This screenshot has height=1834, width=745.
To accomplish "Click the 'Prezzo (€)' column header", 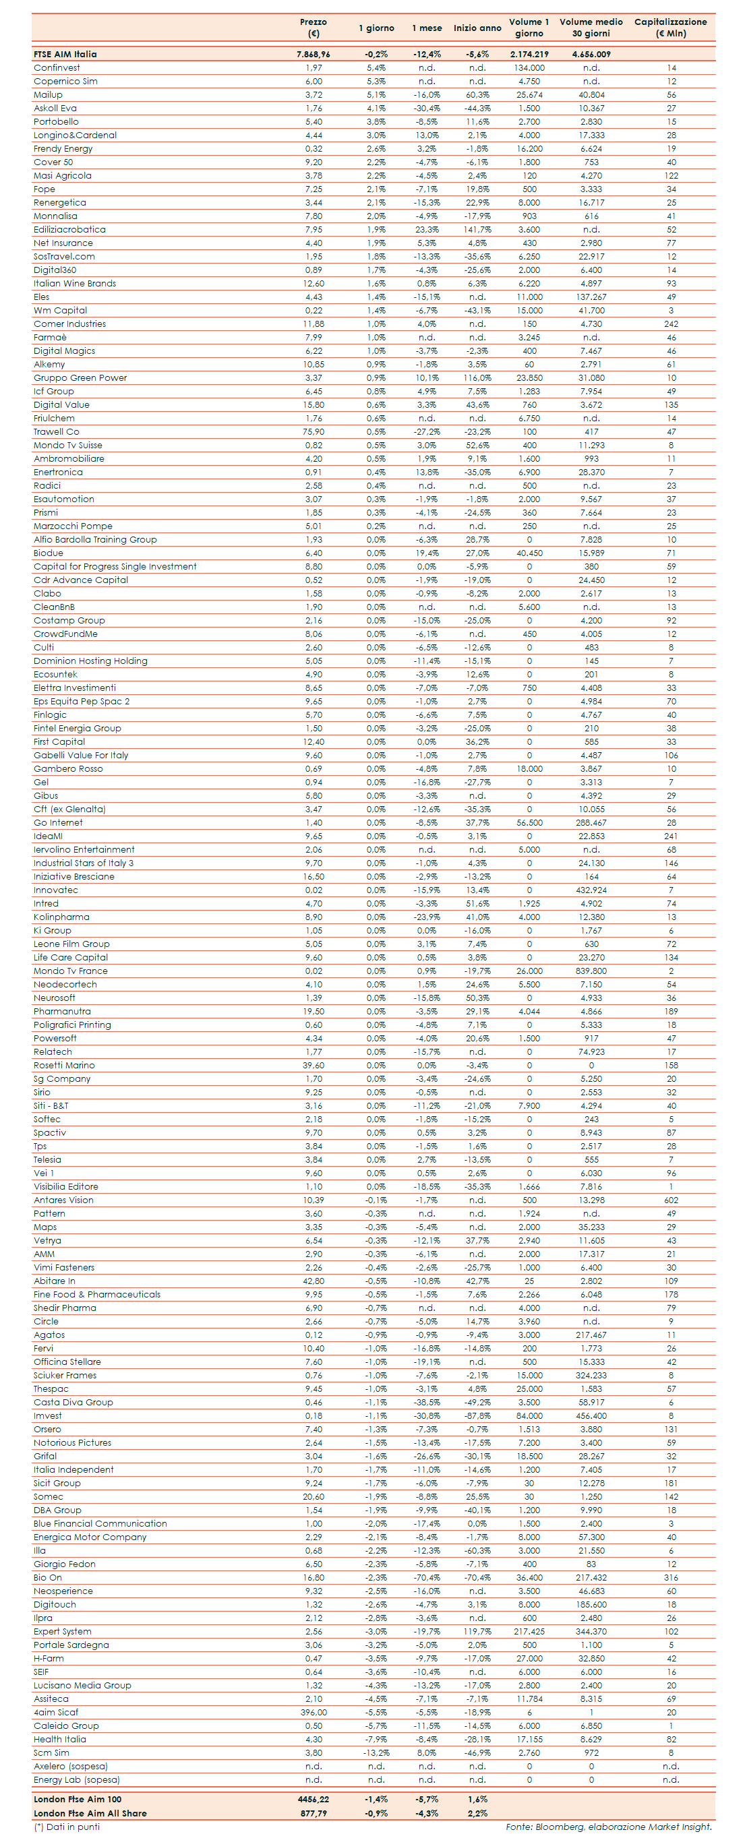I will pyautogui.click(x=314, y=28).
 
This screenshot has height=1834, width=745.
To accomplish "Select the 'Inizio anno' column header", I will pyautogui.click(x=477, y=28).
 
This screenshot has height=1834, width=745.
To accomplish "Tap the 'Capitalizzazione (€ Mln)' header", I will pyautogui.click(x=670, y=28).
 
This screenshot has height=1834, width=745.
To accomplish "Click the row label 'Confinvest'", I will pyautogui.click(x=57, y=68).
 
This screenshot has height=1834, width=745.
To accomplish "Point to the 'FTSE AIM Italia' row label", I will pyautogui.click(x=65, y=54).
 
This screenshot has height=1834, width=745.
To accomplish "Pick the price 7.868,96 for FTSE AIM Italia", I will pyautogui.click(x=314, y=54).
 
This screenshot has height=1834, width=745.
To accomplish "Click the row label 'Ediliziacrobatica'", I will pyautogui.click(x=70, y=230).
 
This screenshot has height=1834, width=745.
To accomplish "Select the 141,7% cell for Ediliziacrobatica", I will pyautogui.click(x=477, y=230).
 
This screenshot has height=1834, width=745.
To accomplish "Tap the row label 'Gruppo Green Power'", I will pyautogui.click(x=80, y=378).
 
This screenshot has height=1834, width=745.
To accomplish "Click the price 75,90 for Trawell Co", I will pyautogui.click(x=314, y=432).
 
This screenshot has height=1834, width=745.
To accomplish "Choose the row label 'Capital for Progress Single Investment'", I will pyautogui.click(x=115, y=567).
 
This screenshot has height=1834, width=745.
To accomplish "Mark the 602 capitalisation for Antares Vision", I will pyautogui.click(x=671, y=1200).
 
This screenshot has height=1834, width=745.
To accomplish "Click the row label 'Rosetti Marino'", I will pyautogui.click(x=64, y=1066).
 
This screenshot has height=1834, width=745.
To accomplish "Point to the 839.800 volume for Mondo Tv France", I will pyautogui.click(x=591, y=971).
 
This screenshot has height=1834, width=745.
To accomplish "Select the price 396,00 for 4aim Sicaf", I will pyautogui.click(x=314, y=1713).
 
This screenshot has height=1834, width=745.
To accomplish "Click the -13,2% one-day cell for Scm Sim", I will pyautogui.click(x=376, y=1754).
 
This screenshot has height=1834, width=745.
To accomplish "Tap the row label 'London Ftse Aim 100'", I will pyautogui.click(x=78, y=1800).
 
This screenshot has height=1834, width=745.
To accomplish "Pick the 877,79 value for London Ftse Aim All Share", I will pyautogui.click(x=314, y=1813).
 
